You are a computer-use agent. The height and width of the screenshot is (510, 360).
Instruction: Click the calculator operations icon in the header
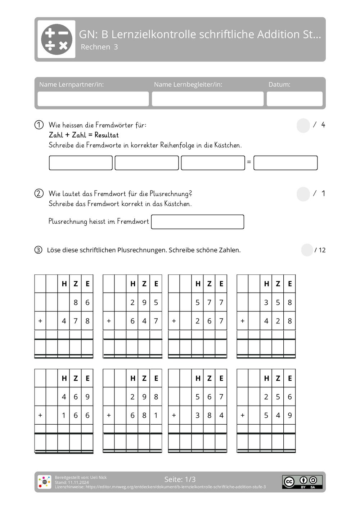(x=57, y=39)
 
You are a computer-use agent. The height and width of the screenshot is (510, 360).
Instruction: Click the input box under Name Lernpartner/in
(x=93, y=99)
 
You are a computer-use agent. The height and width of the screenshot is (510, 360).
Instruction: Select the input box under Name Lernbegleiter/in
(x=207, y=99)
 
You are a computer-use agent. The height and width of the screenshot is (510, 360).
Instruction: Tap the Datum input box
(x=294, y=99)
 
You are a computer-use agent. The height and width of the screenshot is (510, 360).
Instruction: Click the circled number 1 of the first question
(x=39, y=125)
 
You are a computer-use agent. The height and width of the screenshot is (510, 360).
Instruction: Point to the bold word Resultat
(x=107, y=135)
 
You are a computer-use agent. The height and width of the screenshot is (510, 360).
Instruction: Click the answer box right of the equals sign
(x=285, y=163)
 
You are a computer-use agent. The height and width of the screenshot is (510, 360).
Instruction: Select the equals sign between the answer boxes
(x=249, y=162)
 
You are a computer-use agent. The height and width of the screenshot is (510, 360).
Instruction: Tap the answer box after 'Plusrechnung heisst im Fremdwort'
(x=197, y=222)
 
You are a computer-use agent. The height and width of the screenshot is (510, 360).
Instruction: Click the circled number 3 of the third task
(x=38, y=250)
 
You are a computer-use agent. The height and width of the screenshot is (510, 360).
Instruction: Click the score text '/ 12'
(x=320, y=250)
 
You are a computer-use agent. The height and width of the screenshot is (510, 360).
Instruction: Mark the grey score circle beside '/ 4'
(x=303, y=126)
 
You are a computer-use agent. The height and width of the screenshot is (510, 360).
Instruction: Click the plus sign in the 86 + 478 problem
(x=40, y=321)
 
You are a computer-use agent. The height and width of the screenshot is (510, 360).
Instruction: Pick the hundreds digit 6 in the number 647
(x=132, y=321)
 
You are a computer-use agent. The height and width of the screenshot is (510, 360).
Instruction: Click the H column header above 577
(x=198, y=284)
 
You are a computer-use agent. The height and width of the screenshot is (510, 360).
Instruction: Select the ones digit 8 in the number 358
(x=289, y=303)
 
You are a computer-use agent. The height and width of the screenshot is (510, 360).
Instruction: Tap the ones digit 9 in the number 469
(x=87, y=397)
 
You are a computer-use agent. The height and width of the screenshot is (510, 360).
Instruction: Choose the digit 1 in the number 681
(x=156, y=415)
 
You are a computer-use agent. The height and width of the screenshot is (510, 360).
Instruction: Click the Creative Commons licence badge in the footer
(x=302, y=482)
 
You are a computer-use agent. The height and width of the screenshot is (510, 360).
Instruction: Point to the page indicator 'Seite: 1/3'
(x=180, y=479)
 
